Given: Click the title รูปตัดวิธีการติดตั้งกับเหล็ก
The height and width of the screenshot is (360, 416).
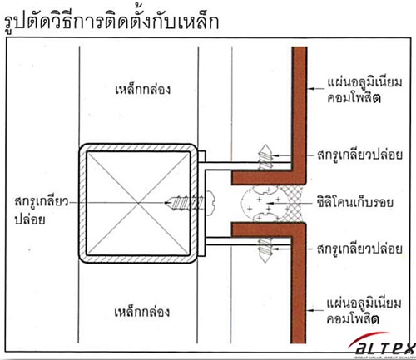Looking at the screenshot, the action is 111,22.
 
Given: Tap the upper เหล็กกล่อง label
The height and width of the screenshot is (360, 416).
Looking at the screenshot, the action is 142,90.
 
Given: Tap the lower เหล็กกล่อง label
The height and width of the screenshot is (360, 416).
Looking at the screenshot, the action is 142,312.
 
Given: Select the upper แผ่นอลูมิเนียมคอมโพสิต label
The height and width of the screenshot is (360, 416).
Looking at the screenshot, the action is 364,91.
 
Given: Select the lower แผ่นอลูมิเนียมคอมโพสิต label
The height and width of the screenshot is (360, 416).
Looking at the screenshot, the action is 364,311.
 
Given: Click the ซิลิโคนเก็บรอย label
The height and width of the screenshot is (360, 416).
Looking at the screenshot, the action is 355,202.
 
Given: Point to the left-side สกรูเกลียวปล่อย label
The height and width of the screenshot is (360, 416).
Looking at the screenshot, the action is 41,210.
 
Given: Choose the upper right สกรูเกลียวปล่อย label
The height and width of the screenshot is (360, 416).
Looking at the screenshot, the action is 359,155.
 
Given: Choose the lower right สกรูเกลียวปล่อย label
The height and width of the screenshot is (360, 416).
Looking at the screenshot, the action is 359,249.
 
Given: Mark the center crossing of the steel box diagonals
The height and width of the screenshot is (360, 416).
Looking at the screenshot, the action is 138,203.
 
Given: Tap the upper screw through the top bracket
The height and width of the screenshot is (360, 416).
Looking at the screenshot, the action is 265,157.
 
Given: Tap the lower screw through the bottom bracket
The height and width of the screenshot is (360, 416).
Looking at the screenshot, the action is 265,249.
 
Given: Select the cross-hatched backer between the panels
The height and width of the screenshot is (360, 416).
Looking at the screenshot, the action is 290,204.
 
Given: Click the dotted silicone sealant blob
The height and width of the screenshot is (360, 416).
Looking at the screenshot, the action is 260,204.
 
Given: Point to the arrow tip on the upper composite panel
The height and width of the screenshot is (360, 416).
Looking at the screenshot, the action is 309,89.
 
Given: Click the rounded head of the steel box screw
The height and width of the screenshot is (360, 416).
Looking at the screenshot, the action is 211,203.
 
